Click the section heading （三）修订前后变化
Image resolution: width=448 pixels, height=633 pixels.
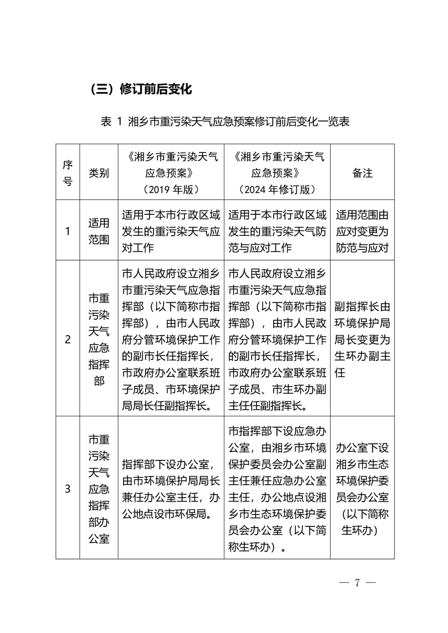click(x=141, y=89)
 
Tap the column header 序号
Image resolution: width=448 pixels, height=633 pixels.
click(x=68, y=173)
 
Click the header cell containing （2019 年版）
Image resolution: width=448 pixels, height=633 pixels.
click(x=171, y=173)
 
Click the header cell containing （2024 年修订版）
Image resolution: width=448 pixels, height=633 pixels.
click(x=277, y=173)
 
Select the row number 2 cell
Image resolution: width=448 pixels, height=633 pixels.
click(x=68, y=339)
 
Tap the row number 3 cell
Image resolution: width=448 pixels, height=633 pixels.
click(x=68, y=489)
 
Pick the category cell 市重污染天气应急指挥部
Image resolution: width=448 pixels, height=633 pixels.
click(x=99, y=339)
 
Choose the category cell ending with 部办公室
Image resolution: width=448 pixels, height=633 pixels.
click(x=99, y=489)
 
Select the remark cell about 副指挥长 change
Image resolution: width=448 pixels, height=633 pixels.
click(x=362, y=339)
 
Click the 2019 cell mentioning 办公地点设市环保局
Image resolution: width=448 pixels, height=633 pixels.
click(x=171, y=489)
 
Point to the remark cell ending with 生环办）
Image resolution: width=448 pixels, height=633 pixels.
click(x=362, y=489)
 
